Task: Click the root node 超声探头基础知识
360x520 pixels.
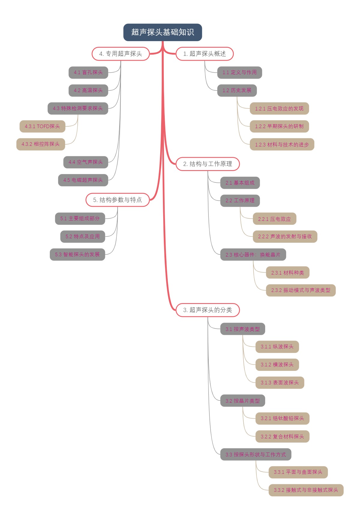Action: [163, 32]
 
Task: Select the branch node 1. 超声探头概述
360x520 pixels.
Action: [204, 54]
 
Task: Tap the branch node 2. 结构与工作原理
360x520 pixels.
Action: [208, 164]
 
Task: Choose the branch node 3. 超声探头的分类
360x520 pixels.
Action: [208, 310]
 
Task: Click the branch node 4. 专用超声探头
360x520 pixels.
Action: [121, 54]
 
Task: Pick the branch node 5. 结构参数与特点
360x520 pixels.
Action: [118, 200]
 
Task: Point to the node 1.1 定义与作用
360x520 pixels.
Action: [239, 73]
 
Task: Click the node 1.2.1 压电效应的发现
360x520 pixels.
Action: [279, 109]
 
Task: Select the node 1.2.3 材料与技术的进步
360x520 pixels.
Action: [282, 145]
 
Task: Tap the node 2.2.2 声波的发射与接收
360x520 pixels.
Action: [285, 237]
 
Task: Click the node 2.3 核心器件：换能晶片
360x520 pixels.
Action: [253, 255]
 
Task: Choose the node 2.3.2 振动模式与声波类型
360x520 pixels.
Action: [301, 290]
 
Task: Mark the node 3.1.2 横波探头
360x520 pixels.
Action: [277, 365]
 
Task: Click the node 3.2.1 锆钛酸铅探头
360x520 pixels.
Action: [282, 419]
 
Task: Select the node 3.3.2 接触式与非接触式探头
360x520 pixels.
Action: [306, 490]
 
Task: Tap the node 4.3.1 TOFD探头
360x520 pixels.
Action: [42, 127]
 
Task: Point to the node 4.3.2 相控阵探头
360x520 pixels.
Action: [40, 144]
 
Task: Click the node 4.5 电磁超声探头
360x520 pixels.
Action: [83, 180]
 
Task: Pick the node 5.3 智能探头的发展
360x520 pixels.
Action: [77, 255]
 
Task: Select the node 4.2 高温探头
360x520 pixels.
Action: [88, 91]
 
